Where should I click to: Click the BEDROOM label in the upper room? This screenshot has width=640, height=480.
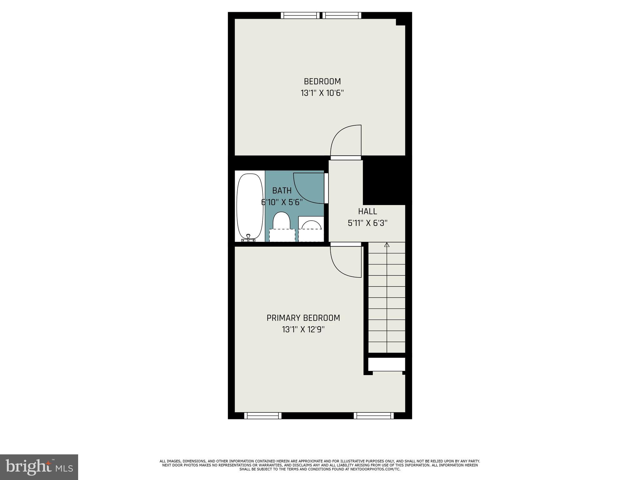point(322,82)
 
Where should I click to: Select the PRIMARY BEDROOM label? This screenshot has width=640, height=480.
point(303,318)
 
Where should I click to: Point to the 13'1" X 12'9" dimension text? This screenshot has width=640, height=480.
point(303,329)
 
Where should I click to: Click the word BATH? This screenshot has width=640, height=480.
point(282,191)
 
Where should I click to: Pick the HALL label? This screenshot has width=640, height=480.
point(367,212)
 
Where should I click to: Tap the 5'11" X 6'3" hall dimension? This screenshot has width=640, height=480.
point(367,223)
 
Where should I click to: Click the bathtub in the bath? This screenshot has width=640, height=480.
point(250,206)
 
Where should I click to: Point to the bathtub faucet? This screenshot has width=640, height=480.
point(248,238)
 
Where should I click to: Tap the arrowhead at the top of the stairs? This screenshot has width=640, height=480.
point(387,245)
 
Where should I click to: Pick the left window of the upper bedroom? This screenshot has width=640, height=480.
point(300,15)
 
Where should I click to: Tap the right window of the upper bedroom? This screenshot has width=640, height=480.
point(342,15)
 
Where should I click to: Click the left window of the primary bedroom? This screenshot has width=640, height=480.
point(262,416)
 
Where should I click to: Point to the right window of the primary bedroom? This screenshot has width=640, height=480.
point(373,416)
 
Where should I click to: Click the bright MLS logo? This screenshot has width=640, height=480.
point(39,467)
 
